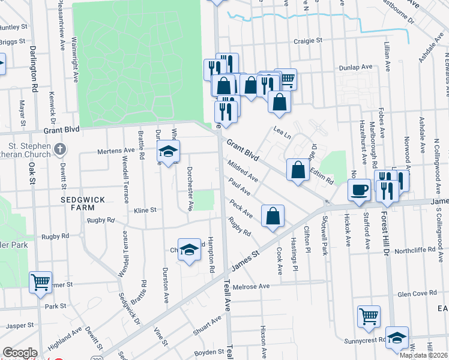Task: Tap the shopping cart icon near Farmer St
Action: (40, 282)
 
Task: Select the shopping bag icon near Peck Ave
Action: (273, 216)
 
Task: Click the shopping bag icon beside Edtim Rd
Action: (298, 170)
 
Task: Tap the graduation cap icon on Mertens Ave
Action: (169, 151)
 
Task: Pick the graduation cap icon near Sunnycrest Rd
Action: (397, 338)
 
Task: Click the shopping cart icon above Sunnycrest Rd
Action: (369, 316)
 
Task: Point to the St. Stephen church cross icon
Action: (59, 148)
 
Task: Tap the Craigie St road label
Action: (308, 41)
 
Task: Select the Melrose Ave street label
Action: (255, 287)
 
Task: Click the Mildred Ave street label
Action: (242, 170)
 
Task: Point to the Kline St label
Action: (145, 210)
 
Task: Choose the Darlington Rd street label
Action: (34, 68)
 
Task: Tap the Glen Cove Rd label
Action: (417, 293)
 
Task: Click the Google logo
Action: (20, 353)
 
